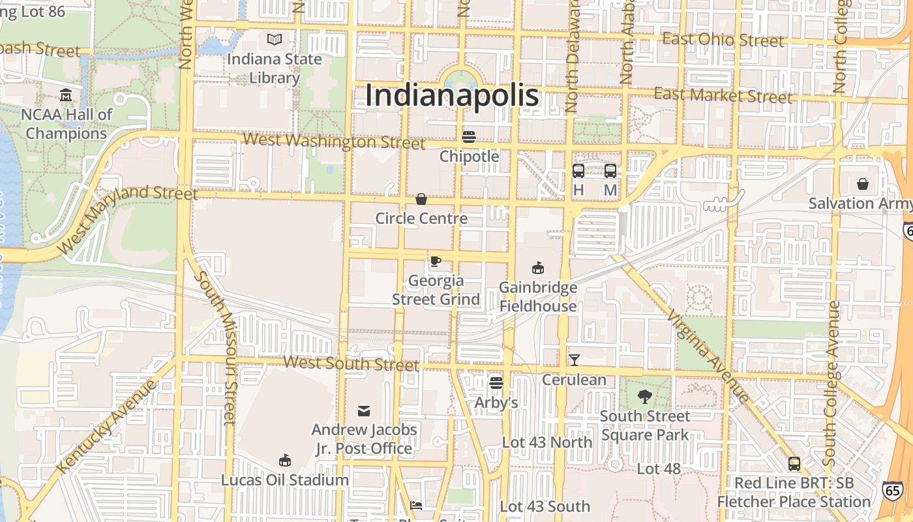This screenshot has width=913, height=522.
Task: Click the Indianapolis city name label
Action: click(x=452, y=95)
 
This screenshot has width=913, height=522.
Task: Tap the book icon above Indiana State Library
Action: click(x=275, y=40)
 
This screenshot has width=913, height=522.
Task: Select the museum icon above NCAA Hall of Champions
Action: click(x=66, y=96)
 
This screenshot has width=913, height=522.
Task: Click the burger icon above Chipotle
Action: click(x=468, y=137)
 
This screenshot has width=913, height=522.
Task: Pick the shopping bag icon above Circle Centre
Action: click(x=421, y=198)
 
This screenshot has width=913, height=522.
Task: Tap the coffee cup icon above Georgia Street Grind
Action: click(x=435, y=262)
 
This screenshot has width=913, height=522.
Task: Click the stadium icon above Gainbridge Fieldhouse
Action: click(x=538, y=268)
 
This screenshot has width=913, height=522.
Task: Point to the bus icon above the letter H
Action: click(x=578, y=171)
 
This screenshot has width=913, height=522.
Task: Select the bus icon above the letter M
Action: click(x=610, y=171)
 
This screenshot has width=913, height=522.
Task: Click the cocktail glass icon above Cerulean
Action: click(x=574, y=360)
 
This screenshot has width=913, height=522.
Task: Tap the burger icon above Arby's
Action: click(x=496, y=383)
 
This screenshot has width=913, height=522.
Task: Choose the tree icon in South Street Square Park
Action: click(x=644, y=396)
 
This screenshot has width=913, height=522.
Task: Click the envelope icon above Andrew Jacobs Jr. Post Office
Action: click(x=364, y=410)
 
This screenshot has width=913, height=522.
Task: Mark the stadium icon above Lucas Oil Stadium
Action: click(x=284, y=461)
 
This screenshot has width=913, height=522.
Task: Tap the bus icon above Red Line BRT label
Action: click(x=794, y=464)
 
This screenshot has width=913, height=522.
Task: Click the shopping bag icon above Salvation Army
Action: click(x=863, y=184)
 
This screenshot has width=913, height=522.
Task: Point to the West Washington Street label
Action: click(x=333, y=140)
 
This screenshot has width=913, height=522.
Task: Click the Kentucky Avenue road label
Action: click(x=108, y=427)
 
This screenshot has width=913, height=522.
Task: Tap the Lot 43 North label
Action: click(x=546, y=442)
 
